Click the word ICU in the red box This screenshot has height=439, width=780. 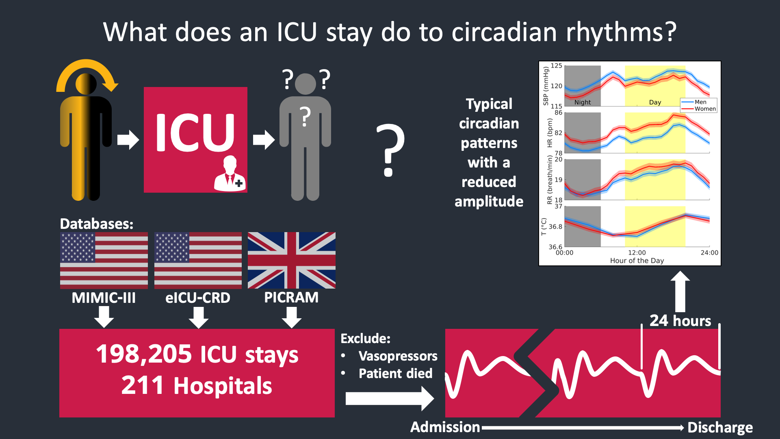(195, 132)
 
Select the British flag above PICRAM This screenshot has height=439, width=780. (292, 260)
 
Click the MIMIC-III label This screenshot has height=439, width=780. (104, 298)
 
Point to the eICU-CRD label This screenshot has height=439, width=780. (198, 298)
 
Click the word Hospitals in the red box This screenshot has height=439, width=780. (223, 386)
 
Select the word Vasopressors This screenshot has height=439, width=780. (398, 356)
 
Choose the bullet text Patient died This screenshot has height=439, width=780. (396, 374)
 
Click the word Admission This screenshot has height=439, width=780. (445, 427)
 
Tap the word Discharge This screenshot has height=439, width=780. (720, 428)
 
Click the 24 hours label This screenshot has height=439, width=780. (680, 321)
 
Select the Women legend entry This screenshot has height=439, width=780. (705, 109)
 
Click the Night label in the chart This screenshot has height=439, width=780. (583, 102)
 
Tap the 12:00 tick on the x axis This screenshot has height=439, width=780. (637, 252)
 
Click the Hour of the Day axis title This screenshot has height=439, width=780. (637, 261)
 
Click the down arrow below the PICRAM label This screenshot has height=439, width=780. (292, 317)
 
